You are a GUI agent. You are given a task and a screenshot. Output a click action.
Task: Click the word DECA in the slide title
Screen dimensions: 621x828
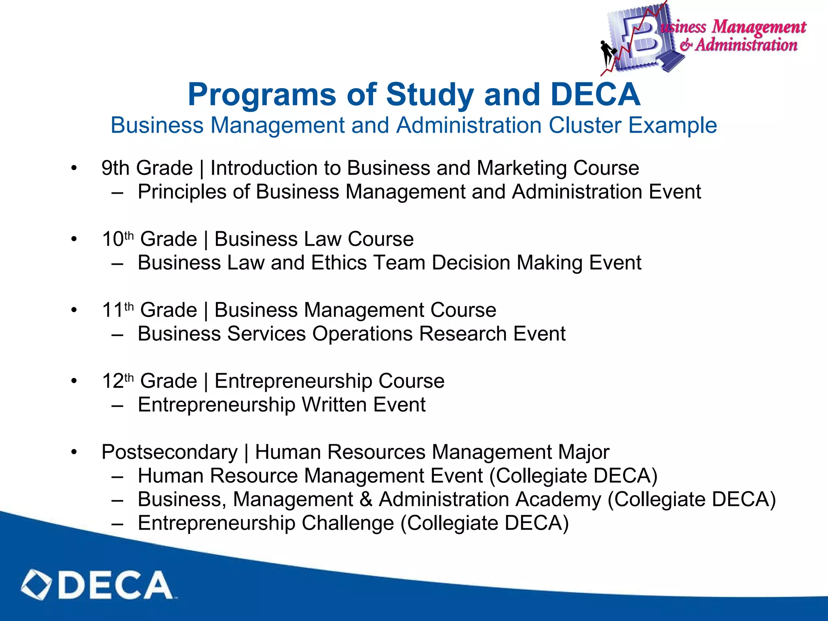(x=595, y=95)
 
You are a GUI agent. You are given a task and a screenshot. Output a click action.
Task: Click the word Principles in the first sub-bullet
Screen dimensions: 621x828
(x=182, y=192)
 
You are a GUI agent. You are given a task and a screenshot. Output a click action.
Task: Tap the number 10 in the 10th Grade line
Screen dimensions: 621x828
(x=112, y=239)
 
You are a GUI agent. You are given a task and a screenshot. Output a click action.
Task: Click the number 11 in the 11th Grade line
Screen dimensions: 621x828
(x=112, y=310)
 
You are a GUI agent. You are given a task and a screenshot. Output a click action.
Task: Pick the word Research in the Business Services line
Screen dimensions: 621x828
(x=463, y=334)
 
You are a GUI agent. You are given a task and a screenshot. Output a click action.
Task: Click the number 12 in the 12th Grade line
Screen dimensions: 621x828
(x=112, y=381)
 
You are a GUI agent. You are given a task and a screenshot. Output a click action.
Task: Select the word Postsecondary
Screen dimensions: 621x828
(x=169, y=452)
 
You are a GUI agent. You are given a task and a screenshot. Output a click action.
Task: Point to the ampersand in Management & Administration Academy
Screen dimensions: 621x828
(x=365, y=499)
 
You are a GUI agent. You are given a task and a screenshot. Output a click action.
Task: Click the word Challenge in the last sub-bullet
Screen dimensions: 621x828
(x=347, y=523)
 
